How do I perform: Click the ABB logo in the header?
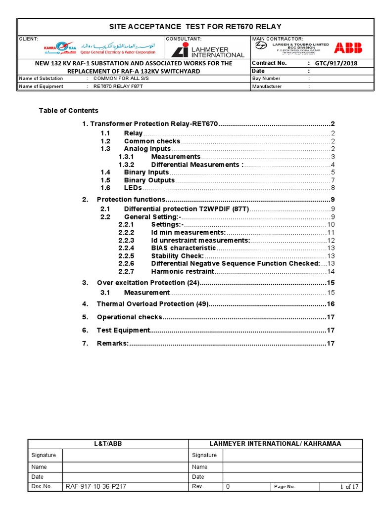click(348, 48)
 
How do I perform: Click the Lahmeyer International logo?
click(208, 50)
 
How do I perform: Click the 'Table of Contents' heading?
click(68, 111)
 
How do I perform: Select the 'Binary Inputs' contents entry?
click(146, 172)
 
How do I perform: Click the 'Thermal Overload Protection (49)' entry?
click(153, 304)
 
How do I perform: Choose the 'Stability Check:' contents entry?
click(177, 255)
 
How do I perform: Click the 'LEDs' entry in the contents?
click(133, 188)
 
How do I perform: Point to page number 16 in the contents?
click(331, 304)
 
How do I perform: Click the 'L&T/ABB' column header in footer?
click(108, 444)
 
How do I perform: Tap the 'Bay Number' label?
click(266, 79)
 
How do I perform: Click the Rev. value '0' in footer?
click(228, 487)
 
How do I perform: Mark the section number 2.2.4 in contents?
click(126, 248)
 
